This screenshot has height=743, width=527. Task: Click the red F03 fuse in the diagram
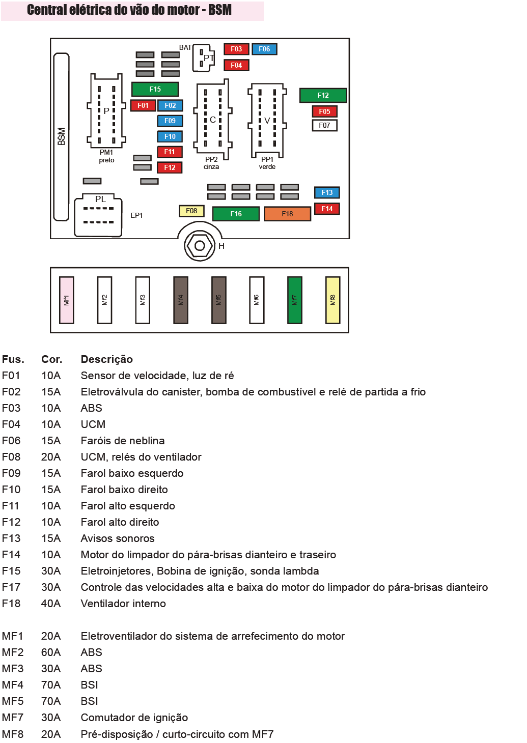[x=236, y=49]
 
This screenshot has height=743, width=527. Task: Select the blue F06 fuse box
[x=264, y=49]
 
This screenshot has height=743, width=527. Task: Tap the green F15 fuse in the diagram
[x=155, y=89]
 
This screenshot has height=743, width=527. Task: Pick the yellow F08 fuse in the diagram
[x=191, y=211]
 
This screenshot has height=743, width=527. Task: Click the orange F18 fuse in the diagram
[x=287, y=214]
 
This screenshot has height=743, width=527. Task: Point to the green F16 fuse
[x=236, y=214]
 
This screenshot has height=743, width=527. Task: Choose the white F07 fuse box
[x=324, y=125]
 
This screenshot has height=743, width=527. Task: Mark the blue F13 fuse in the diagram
[x=327, y=192]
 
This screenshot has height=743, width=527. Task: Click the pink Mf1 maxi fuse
[x=67, y=300]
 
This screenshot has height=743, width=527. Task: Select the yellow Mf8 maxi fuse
[x=332, y=300]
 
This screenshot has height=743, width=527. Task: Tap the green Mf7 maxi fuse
[x=294, y=300]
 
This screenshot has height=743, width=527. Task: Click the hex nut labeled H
[x=200, y=246]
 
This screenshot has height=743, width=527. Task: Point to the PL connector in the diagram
[x=98, y=215]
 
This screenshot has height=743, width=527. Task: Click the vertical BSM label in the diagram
[x=62, y=136]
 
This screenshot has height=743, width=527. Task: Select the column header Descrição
[x=106, y=359]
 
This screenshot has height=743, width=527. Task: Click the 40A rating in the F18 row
[x=51, y=604]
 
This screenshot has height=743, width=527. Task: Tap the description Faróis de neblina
[x=123, y=441]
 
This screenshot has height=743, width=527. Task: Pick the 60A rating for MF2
[x=51, y=652]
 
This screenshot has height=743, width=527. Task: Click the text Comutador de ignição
[x=134, y=718]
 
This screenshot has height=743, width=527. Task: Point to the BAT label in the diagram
[x=185, y=47]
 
